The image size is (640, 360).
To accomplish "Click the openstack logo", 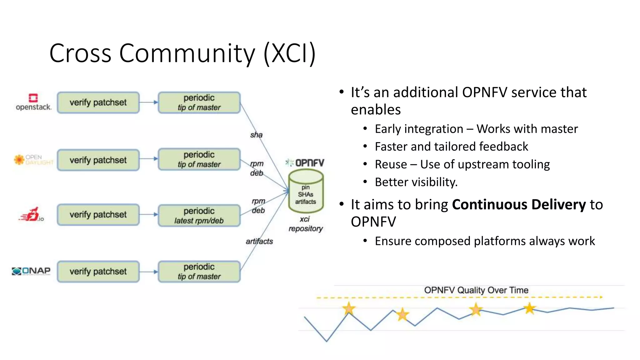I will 33,102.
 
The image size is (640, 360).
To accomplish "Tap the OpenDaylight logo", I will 33,160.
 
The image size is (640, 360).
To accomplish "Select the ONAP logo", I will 31,271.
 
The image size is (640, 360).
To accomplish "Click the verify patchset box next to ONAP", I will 98,271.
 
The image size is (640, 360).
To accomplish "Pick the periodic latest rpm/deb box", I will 199,215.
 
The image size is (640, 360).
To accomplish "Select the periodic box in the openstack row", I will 199,102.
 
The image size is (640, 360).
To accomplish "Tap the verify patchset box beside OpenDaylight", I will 98,160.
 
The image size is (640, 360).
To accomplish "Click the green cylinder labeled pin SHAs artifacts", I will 306,191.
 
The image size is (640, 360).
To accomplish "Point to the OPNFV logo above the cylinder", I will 305,163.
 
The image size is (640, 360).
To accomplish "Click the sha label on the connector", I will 256,135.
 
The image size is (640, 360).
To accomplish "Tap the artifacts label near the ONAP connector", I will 259,241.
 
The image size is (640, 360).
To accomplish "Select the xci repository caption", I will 305,224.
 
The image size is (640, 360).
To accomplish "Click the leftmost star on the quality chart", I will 349,309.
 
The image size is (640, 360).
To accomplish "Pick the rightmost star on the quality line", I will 529,308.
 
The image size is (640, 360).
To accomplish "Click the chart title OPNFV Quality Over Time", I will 476,290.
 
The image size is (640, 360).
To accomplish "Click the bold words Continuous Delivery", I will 519,205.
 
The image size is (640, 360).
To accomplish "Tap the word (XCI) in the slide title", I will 289,53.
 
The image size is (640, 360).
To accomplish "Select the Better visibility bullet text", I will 416,182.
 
